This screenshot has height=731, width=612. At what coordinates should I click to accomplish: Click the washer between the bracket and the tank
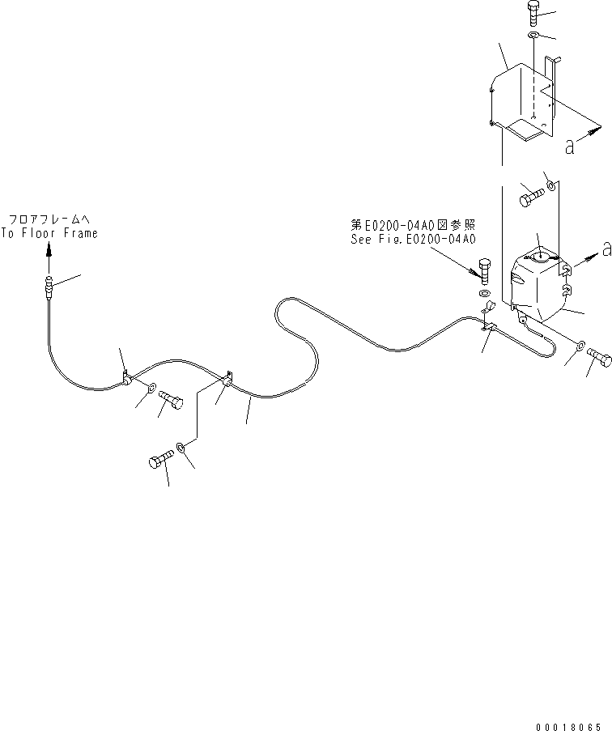(550, 187)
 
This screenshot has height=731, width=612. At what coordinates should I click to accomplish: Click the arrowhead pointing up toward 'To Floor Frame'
(48, 251)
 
